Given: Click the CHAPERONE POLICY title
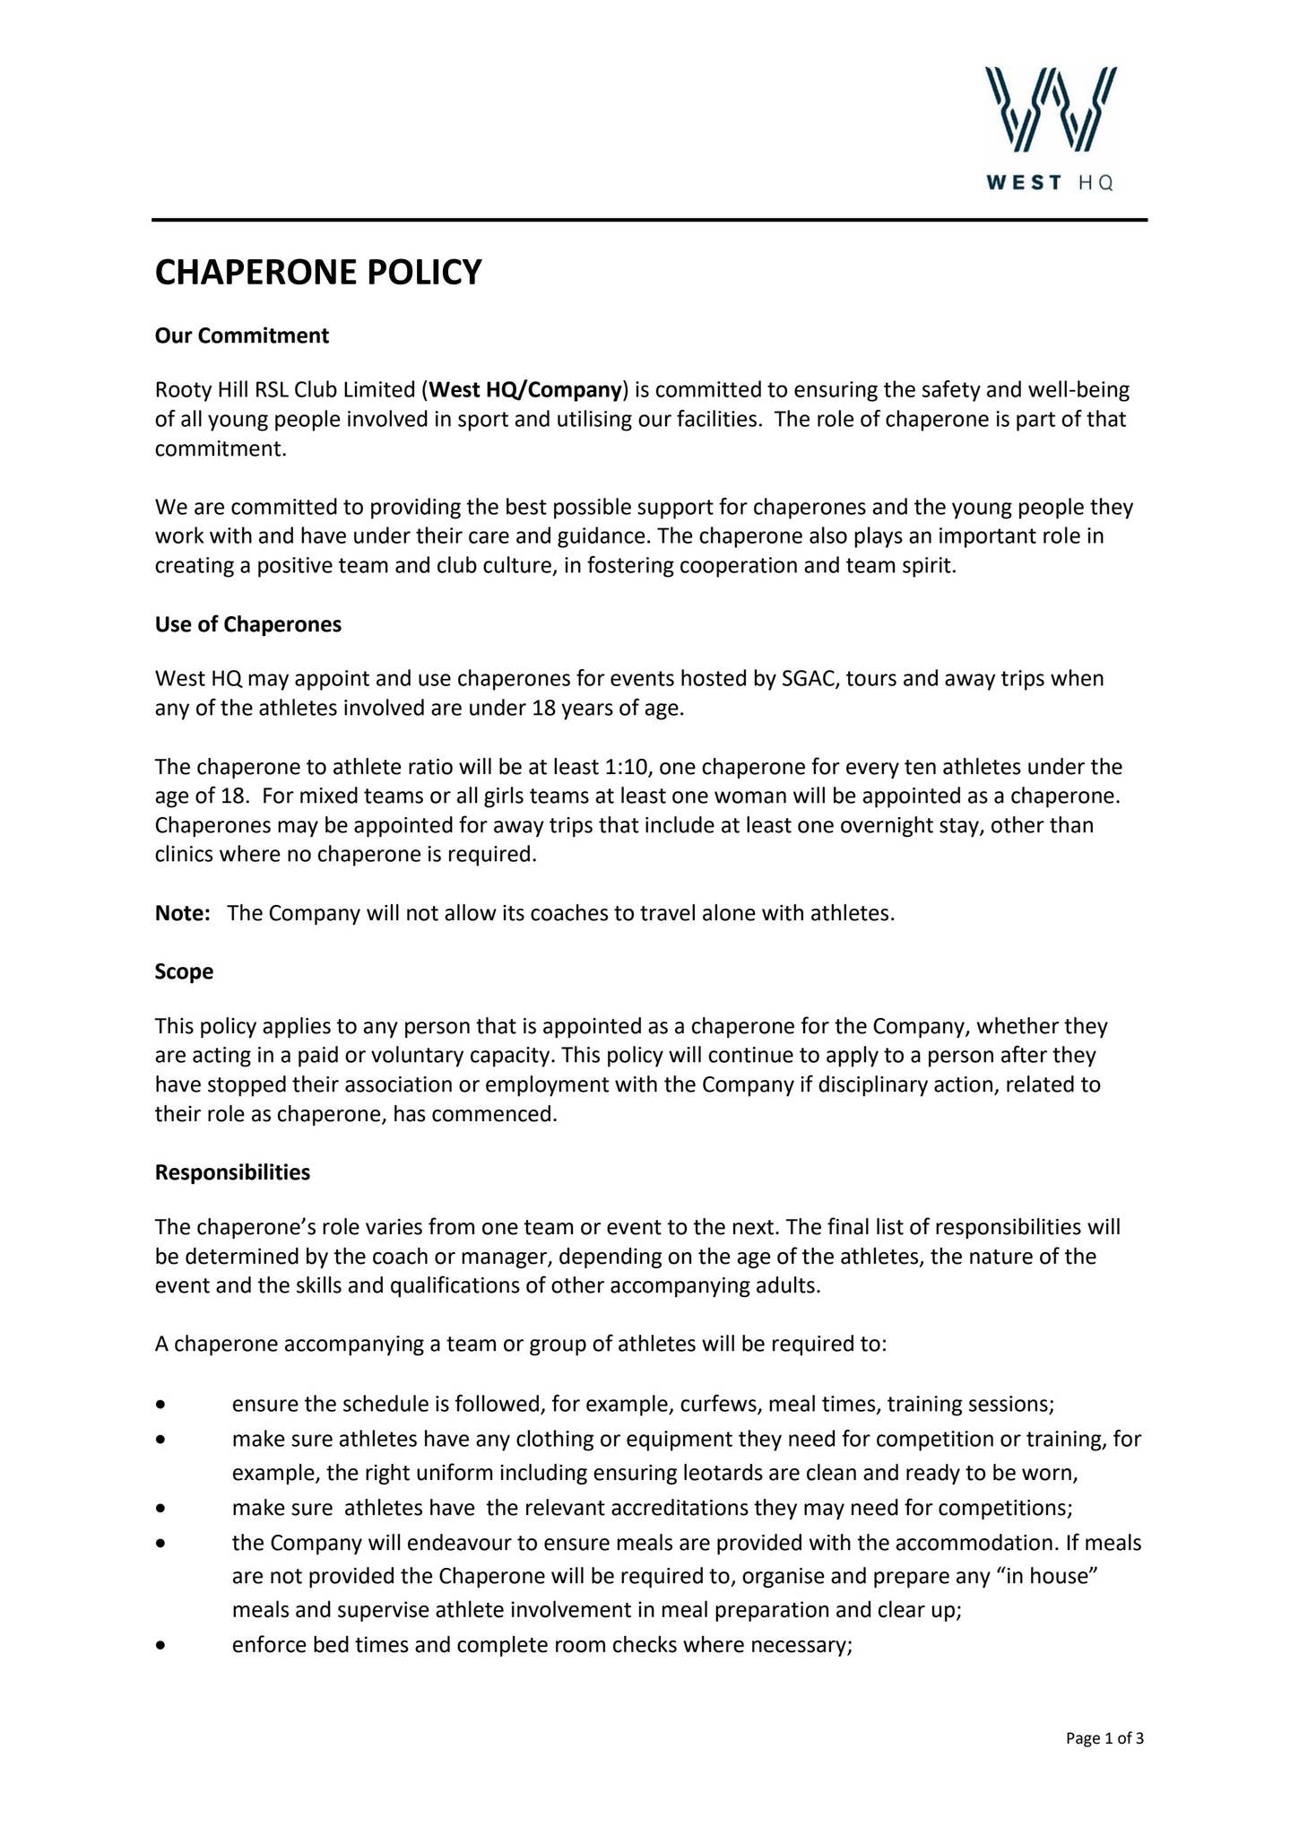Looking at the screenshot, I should coord(318,272).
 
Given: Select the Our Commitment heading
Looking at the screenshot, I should coord(242,335).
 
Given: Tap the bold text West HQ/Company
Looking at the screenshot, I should coord(525,389).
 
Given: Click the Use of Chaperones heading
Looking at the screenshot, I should coord(248,624).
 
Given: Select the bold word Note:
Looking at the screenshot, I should coord(182,913).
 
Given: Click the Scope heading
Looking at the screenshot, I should coord(184,971).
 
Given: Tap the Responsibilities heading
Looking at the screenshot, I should coord(232,1172).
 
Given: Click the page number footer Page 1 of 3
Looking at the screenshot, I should coord(1104,1739).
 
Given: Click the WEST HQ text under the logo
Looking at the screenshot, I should coord(1050,183).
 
